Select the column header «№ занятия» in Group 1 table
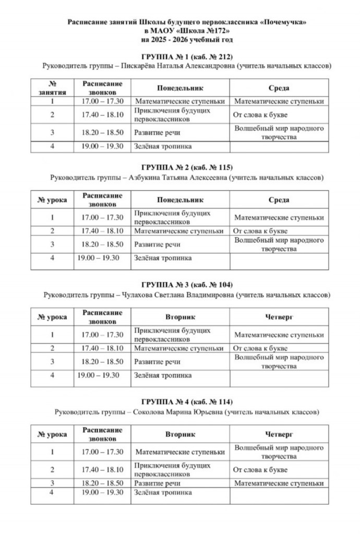point(52,88)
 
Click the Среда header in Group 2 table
point(279,200)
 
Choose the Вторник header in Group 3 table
point(180,317)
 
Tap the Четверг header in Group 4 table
point(279,434)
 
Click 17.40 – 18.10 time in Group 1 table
point(102,115)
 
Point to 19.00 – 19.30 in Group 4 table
point(102,492)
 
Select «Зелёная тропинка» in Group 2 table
point(163,258)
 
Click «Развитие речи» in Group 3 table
point(158,361)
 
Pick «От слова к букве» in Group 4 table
point(260,469)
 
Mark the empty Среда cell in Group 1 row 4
point(279,147)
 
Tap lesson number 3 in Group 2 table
point(52,244)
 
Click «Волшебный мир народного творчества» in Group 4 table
point(279,452)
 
